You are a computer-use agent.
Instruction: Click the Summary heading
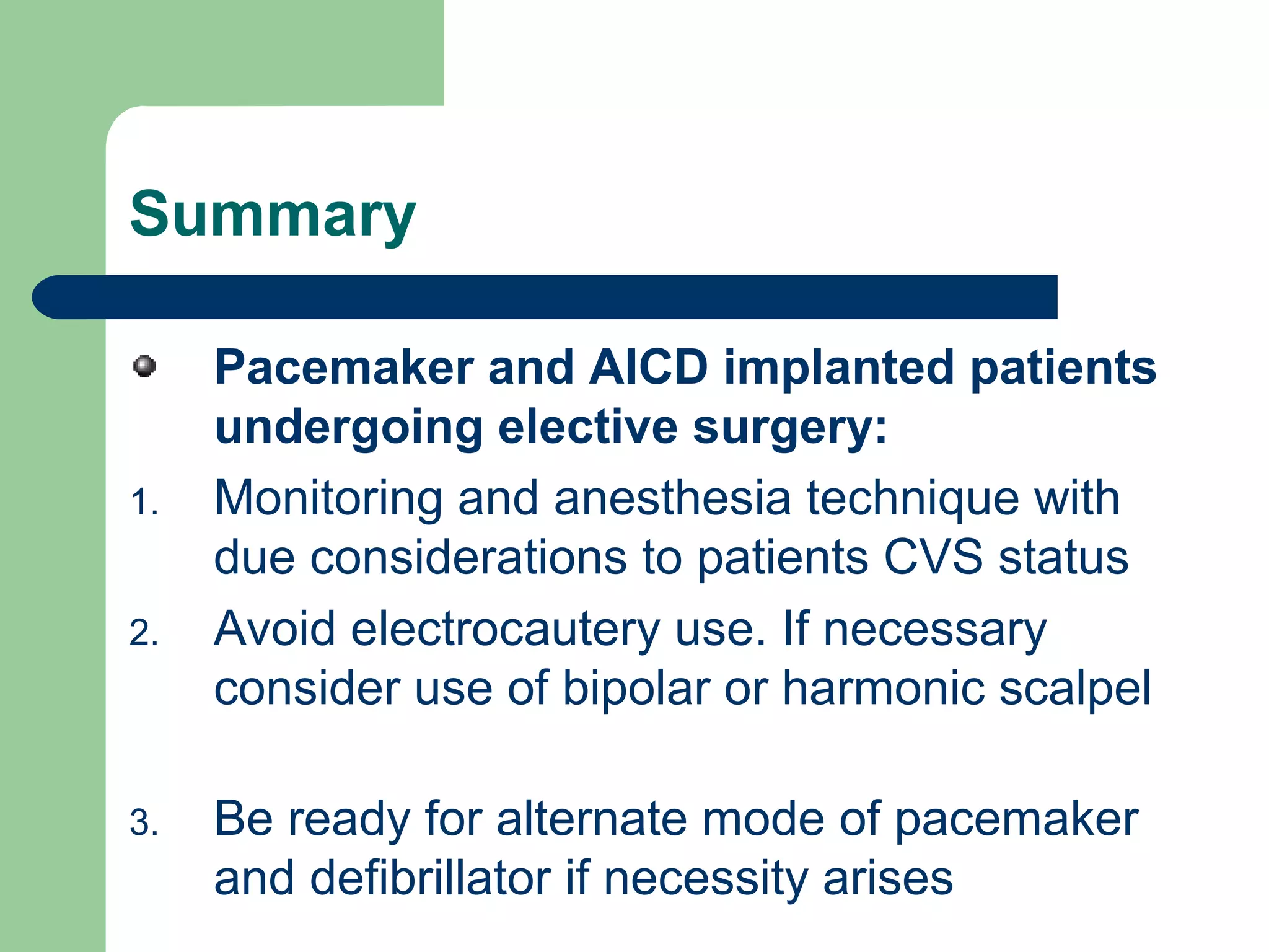point(273,215)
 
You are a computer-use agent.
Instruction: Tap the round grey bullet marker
point(144,366)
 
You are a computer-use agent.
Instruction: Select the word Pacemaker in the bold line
point(344,368)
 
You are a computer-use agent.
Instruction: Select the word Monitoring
point(328,499)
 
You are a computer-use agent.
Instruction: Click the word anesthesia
point(672,499)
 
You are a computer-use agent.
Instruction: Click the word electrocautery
point(506,629)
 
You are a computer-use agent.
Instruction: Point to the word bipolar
point(636,689)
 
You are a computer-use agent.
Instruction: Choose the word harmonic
point(883,689)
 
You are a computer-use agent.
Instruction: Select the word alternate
point(592,819)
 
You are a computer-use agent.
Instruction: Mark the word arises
point(887,878)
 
